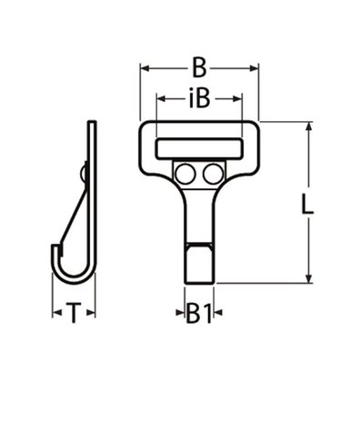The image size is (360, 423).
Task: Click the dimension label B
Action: point(199,67)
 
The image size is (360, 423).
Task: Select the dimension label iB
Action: point(199,97)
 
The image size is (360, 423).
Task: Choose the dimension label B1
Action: point(199,314)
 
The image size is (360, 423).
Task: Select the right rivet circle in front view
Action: point(213,172)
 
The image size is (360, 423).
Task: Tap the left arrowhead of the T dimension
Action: point(53,314)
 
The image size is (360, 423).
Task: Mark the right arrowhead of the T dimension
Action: point(93,314)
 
